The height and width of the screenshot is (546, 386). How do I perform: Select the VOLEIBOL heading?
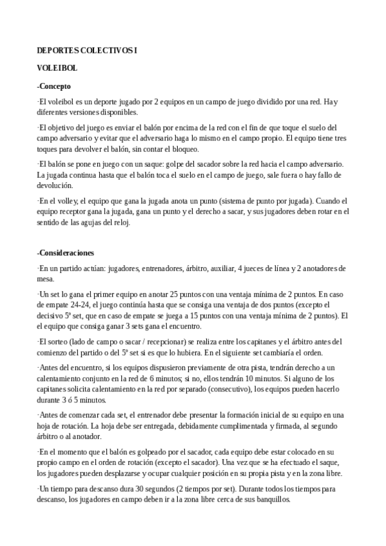coord(57,68)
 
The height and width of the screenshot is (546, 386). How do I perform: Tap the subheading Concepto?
coord(55,86)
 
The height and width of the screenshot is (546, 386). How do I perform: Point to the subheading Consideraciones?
coord(68,252)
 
